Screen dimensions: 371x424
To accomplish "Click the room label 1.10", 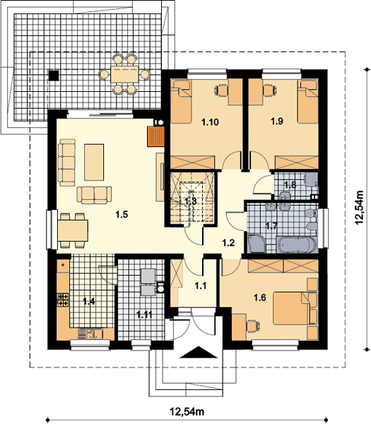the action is coord(210,122).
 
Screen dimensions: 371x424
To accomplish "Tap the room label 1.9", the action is coord(277,121).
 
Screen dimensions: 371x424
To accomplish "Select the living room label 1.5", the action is coord(122,215).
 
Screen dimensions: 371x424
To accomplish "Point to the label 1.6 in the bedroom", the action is coord(260,298).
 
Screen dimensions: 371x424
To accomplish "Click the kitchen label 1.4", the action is coord(89,302).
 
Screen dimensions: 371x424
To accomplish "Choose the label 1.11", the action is coord(144,314).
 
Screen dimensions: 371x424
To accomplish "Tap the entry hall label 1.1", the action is coord(201,285).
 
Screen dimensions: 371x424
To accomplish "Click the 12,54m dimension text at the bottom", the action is coord(187,412).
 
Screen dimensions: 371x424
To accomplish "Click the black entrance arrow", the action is coord(199,353).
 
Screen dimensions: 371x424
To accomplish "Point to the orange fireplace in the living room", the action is coord(156,136).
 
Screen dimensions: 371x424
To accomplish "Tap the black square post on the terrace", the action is coord(54,76).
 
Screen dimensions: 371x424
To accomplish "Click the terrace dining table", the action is coord(124,75).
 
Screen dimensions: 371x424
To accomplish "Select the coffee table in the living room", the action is coord(94,163).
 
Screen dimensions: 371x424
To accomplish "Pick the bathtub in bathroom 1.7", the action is coord(297,245).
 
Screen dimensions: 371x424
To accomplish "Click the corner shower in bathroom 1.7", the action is coord(257,244).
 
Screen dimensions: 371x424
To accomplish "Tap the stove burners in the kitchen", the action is coord(63,300).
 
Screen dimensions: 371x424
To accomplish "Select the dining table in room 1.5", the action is coord(73,230).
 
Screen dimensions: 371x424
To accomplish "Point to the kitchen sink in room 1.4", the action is coord(91,334).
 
